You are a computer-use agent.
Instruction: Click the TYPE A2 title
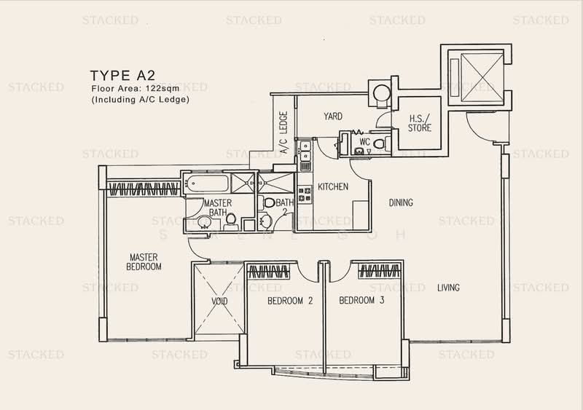(122, 76)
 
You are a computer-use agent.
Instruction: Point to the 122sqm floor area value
(163, 88)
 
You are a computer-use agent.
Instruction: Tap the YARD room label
(333, 117)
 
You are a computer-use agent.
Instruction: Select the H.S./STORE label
(420, 123)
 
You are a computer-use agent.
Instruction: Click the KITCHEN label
(333, 186)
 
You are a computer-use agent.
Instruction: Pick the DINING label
(401, 202)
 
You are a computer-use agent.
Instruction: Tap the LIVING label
(448, 288)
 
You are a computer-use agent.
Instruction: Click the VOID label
(219, 301)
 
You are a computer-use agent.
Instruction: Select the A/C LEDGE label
(283, 133)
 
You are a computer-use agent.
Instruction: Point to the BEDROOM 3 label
(361, 300)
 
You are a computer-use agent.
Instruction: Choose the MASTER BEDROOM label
(144, 261)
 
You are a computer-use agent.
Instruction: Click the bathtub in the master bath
(208, 184)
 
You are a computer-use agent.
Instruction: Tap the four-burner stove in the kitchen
(305, 194)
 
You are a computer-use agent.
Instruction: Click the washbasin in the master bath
(204, 222)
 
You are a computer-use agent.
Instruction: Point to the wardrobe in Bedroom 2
(268, 272)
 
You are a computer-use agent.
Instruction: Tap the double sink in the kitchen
(305, 151)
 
